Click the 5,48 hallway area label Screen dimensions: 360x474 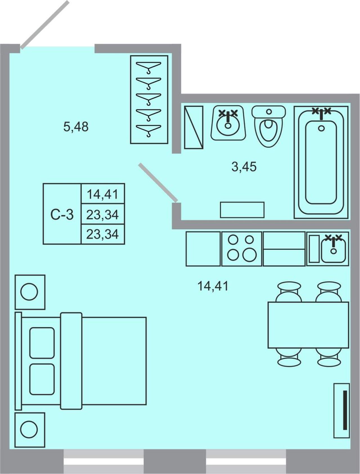pyautogui.click(x=76, y=127)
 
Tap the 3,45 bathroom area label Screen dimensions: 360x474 pyautogui.click(x=244, y=167)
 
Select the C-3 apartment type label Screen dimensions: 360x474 pyautogui.click(x=62, y=215)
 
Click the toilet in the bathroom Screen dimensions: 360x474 pyautogui.click(x=269, y=126)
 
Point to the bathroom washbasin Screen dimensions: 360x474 pyautogui.click(x=228, y=123)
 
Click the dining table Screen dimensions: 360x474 pyautogui.click(x=308, y=325)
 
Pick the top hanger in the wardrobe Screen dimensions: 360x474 pyautogui.click(x=148, y=66)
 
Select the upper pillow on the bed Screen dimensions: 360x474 pyautogui.click(x=42, y=343)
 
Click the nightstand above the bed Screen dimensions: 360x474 pyautogui.click(x=30, y=292)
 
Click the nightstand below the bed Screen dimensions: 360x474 pyautogui.click(x=30, y=430)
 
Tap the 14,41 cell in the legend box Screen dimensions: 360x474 pyautogui.click(x=103, y=194)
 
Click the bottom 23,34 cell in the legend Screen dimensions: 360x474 pyautogui.click(x=103, y=234)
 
